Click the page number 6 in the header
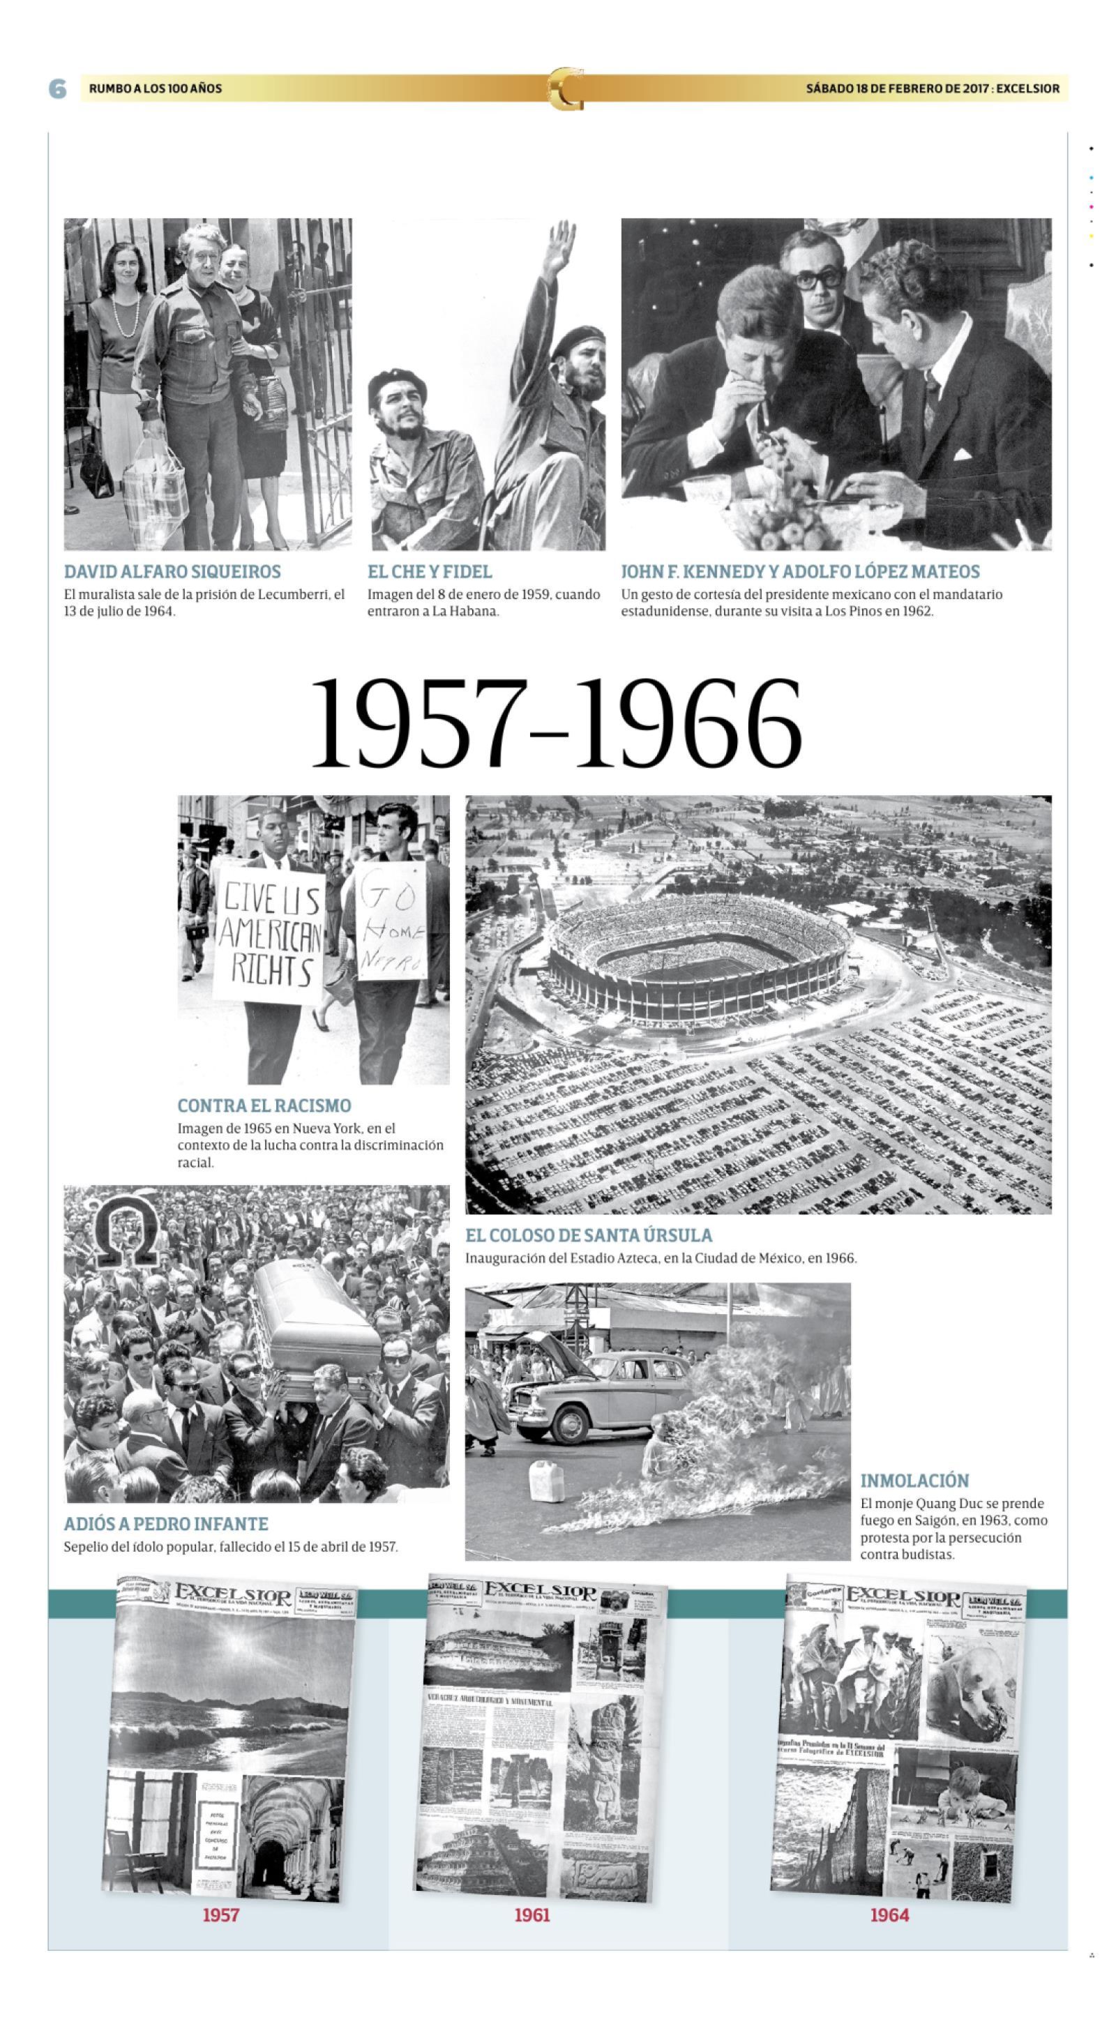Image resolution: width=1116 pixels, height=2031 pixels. tap(58, 89)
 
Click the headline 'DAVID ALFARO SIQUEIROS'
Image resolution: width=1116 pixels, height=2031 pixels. tap(172, 572)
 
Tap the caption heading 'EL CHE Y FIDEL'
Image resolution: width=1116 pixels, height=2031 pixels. tap(429, 572)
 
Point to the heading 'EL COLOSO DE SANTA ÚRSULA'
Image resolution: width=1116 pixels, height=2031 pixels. tap(589, 1235)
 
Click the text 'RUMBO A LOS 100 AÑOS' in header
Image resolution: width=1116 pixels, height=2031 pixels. tap(156, 89)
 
